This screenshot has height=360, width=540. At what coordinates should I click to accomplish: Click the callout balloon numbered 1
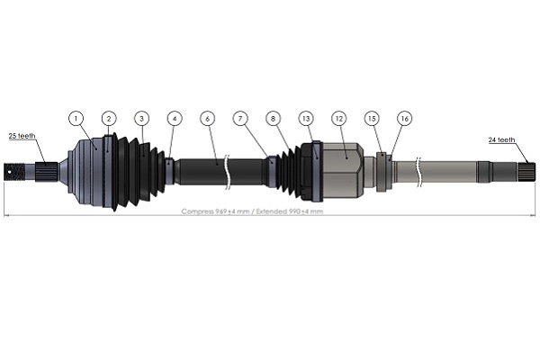pos(76,118)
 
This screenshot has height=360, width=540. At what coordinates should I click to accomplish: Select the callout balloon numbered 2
pos(108,118)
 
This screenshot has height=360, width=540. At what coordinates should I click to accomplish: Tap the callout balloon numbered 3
pos(141,118)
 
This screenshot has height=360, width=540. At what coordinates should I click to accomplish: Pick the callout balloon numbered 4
pos(175,118)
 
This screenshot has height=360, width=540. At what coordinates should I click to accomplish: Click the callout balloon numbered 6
pos(208,118)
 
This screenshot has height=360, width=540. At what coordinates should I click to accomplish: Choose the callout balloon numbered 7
pos(240,118)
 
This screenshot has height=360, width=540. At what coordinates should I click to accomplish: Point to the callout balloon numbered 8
pos(274,118)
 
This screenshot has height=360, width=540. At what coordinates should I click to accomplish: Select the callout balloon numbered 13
pos(306,118)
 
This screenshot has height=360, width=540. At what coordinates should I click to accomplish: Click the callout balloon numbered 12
pos(339,118)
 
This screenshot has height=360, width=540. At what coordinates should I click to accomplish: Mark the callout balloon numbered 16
pos(405,118)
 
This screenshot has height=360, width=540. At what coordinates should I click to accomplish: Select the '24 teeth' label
pos(501,139)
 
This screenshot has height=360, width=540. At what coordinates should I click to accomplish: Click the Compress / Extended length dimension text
pos(252,211)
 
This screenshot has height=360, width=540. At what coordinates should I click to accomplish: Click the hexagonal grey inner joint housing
pos(343,169)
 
